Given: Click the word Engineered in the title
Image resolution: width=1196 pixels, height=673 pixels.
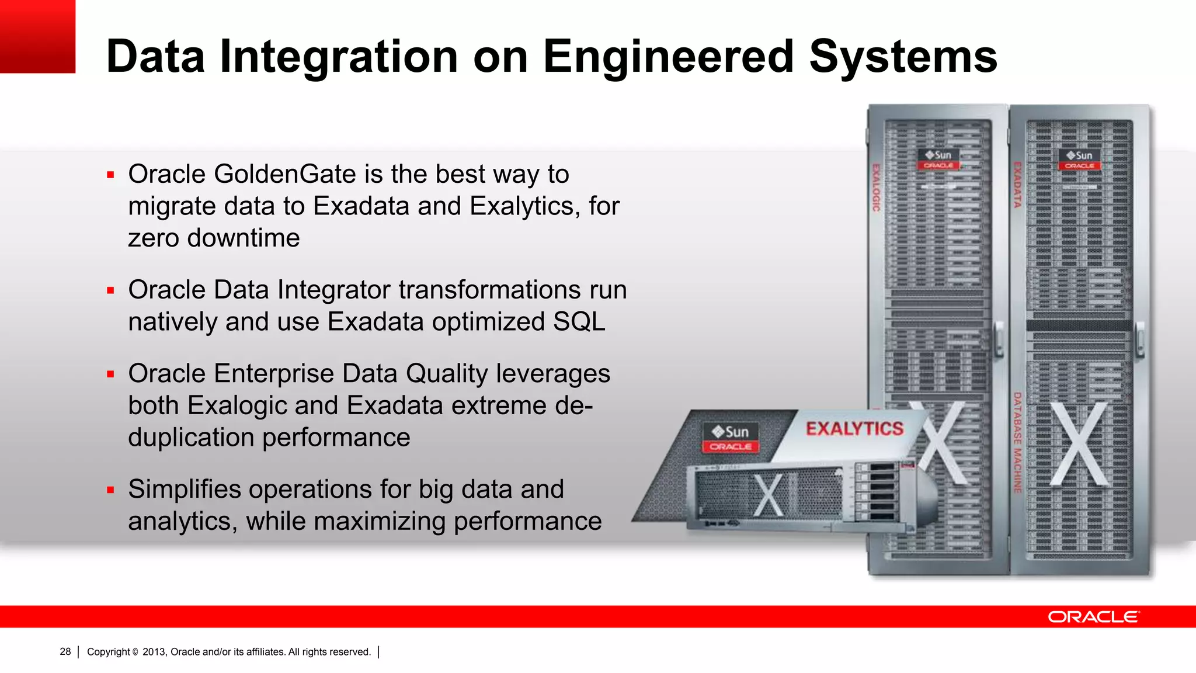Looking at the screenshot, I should tap(667, 57).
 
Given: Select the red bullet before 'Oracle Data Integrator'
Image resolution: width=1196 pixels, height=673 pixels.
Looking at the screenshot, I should tap(110, 290).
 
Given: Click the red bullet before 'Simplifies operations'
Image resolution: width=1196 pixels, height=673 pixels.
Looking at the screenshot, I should tap(110, 490).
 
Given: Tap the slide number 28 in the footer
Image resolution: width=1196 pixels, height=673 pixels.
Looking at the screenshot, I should tap(65, 651).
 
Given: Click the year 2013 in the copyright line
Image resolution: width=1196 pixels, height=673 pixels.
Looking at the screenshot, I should tap(154, 651).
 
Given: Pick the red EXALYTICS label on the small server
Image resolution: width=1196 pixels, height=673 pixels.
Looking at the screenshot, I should tap(854, 429).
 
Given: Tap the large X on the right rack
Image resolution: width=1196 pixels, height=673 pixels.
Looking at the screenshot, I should tap(1079, 444).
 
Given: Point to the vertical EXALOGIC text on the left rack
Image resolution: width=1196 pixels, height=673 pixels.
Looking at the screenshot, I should tap(876, 187).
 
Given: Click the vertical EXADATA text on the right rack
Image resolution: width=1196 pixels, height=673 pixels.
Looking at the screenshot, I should tap(1017, 185).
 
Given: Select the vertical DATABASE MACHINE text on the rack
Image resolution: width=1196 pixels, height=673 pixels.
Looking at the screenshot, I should tap(1017, 442).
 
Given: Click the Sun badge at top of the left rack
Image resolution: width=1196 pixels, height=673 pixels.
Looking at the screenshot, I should tap(938, 159).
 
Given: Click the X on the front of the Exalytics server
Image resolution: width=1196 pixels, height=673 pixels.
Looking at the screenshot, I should tap(769, 495).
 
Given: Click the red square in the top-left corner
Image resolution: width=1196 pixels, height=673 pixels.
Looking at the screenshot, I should tap(37, 36).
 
